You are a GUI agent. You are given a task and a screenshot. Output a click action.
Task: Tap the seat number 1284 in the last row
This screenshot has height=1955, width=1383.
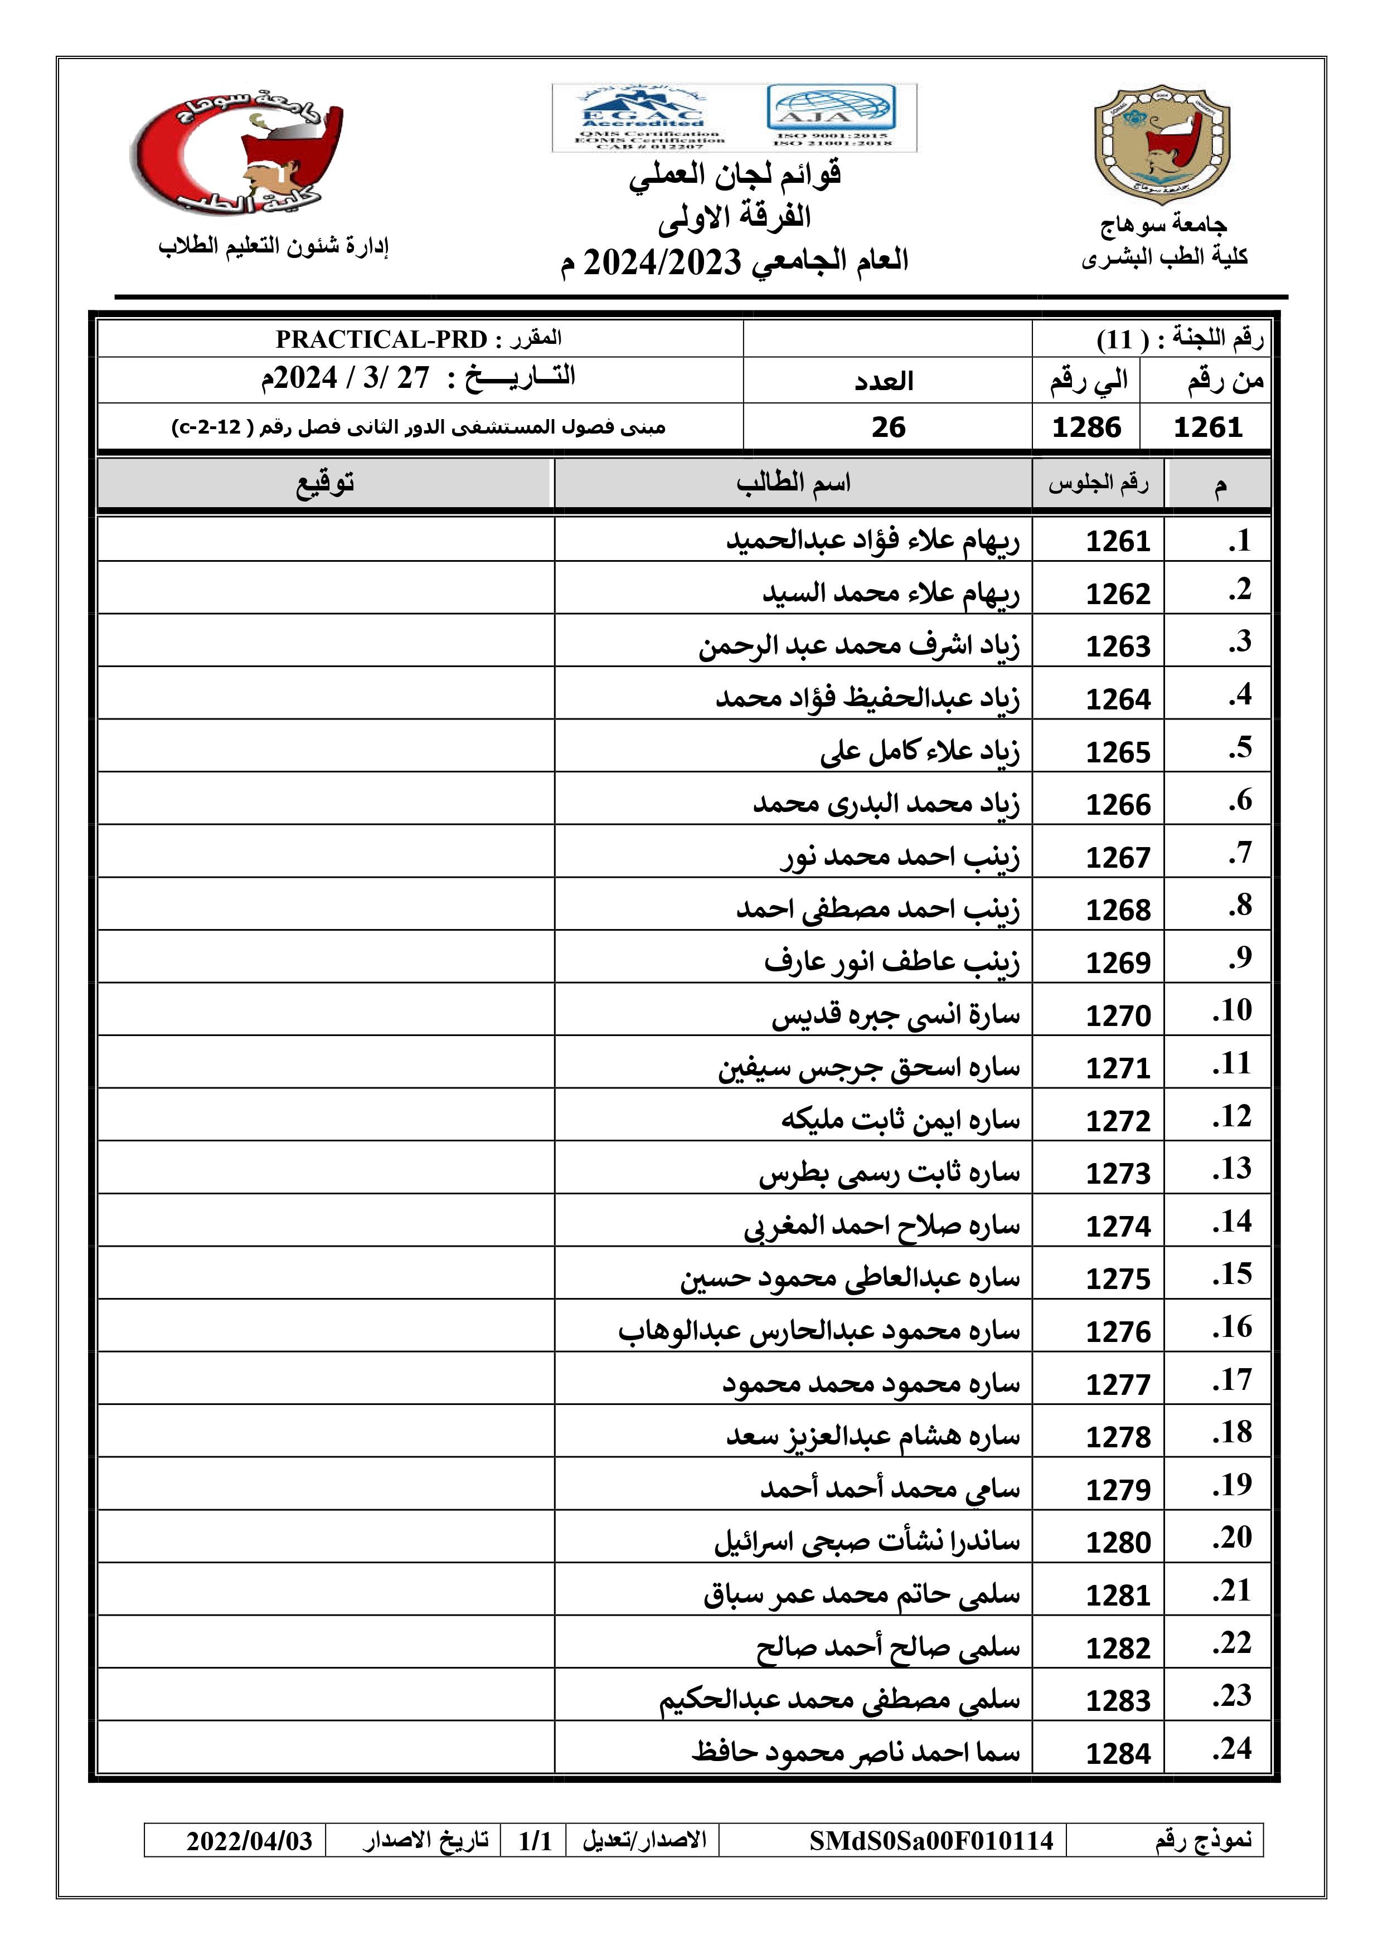1117,1753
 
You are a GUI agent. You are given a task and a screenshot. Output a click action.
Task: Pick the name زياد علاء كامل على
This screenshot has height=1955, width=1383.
920,751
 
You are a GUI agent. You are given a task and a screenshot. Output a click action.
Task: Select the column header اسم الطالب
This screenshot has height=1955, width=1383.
793,484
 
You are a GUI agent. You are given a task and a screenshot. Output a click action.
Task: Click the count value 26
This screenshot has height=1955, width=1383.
887,426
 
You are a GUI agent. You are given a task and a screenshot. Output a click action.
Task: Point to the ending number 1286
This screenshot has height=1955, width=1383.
1086,426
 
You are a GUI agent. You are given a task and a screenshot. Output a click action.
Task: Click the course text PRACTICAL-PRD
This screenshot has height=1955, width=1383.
381,339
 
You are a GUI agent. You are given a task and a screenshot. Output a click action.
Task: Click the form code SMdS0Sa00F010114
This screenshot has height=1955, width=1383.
931,1841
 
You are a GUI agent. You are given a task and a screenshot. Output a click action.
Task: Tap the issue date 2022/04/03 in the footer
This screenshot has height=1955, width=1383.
250,1841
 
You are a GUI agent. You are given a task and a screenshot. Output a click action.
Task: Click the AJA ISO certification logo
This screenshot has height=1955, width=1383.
831,116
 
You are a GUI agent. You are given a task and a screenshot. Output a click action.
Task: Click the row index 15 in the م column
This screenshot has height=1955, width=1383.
1232,1275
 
